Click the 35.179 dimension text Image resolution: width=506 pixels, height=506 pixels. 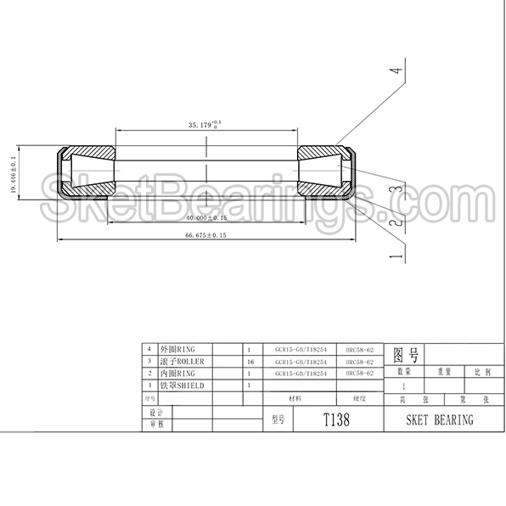click(x=205, y=125)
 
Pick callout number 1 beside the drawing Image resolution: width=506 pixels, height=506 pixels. click(x=393, y=254)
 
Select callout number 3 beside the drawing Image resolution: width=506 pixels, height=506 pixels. click(x=393, y=192)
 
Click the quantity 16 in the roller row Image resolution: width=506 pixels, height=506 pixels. click(x=249, y=361)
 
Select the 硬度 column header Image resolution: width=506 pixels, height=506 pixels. click(x=360, y=396)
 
